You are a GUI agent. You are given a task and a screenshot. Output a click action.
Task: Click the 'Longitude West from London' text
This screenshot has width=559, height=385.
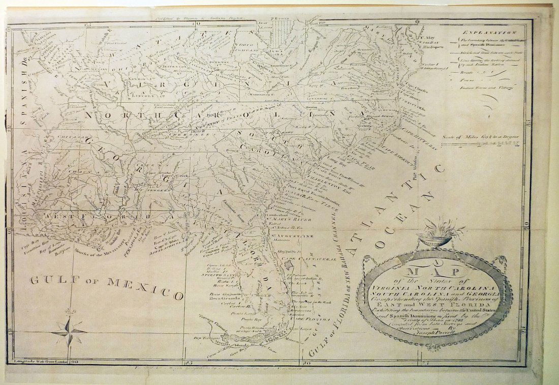tap(35, 361)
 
